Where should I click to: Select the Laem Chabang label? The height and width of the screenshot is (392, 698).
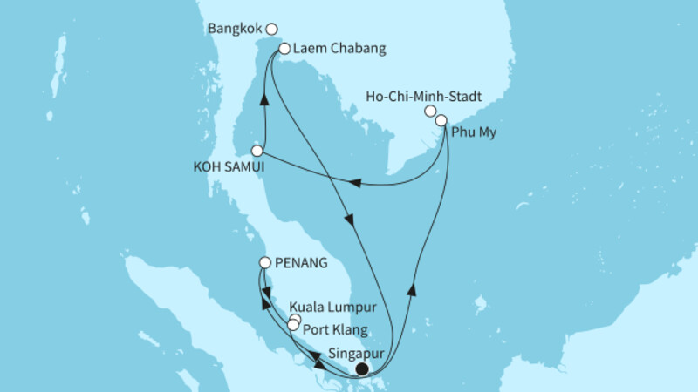pyautogui.click(x=331, y=49)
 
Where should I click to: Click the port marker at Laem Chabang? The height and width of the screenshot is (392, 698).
pyautogui.click(x=284, y=49)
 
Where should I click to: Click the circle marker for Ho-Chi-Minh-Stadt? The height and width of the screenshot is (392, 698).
pyautogui.click(x=430, y=112)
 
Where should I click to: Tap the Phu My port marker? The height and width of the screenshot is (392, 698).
pyautogui.click(x=441, y=120)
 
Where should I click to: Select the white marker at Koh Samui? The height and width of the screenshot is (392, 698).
pyautogui.click(x=257, y=150)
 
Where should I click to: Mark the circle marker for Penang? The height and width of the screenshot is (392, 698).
pyautogui.click(x=266, y=261)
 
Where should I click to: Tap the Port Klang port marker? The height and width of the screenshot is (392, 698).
pyautogui.click(x=293, y=325)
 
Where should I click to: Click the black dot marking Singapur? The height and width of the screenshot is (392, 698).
pyautogui.click(x=361, y=368)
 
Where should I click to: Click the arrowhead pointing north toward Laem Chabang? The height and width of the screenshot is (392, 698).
pyautogui.click(x=264, y=99)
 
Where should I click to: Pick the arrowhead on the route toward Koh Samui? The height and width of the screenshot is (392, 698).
pyautogui.click(x=355, y=183)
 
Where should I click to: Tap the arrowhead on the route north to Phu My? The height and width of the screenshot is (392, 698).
pyautogui.click(x=411, y=289)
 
